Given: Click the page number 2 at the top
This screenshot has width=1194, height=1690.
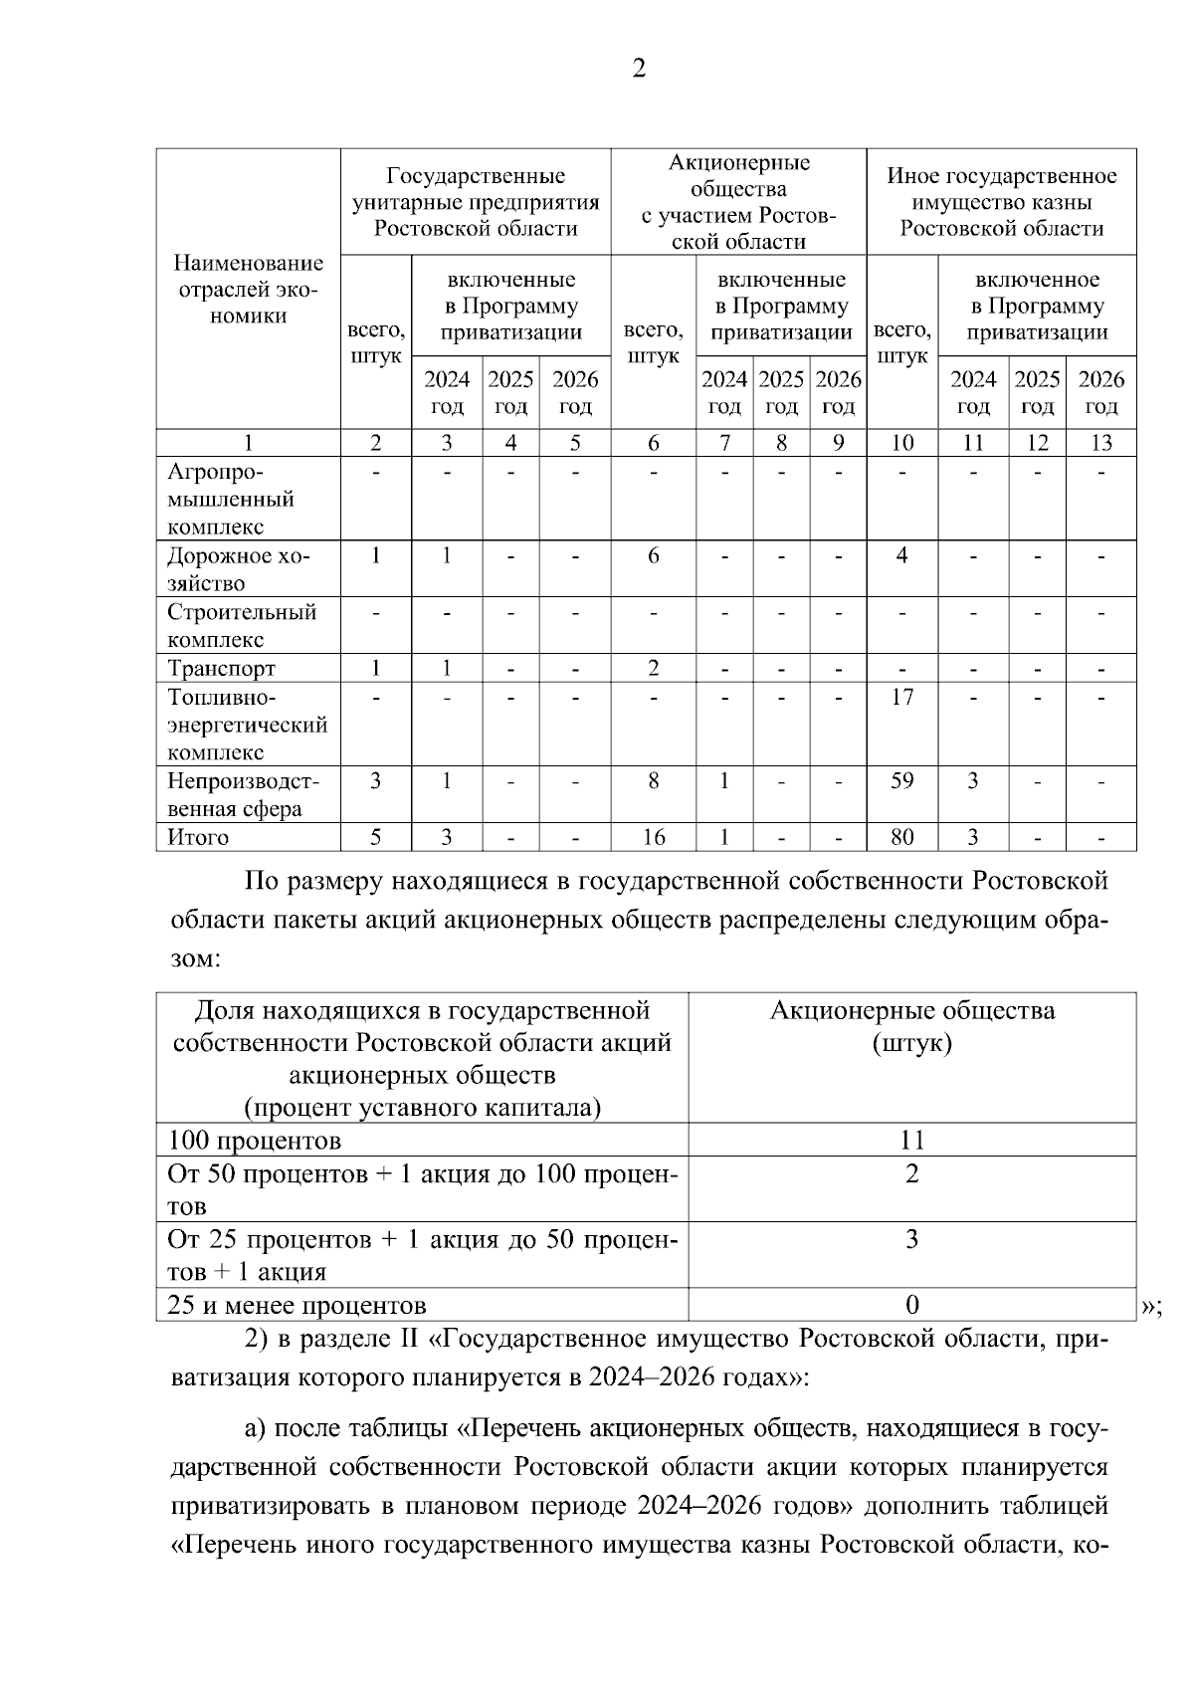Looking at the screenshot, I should point(639,69).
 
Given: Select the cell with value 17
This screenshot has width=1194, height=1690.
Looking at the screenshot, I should point(901,697).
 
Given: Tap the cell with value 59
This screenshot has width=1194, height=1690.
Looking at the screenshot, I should point(901,781).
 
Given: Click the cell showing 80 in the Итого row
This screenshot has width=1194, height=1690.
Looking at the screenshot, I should point(901,838).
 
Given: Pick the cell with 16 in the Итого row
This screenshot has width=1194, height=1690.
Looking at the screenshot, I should point(653,838).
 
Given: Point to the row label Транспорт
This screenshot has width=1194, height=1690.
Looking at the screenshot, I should point(221,668).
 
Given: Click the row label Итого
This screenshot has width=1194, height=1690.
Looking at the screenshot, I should point(198,838).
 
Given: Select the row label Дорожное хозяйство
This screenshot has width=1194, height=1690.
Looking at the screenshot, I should point(239,569).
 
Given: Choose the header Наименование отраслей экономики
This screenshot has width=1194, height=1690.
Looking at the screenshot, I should point(248,290).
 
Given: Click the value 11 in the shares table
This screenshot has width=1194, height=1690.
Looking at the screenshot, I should point(911,1141).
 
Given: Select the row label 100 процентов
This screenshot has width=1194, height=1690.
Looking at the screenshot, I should point(255,1141).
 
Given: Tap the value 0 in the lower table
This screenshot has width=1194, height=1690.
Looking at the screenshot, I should point(911,1305).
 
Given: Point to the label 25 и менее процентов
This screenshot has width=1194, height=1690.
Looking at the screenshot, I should point(297,1305).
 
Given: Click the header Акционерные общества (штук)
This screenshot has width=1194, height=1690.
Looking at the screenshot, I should point(911,1027).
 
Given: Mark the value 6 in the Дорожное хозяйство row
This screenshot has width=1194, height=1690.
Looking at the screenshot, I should point(653,555).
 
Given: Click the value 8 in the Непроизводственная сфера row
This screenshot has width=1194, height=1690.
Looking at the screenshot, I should point(653,781).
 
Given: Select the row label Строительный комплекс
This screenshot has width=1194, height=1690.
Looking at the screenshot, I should point(241,625).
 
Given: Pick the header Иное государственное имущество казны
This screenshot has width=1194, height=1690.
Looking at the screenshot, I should point(1001,202).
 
